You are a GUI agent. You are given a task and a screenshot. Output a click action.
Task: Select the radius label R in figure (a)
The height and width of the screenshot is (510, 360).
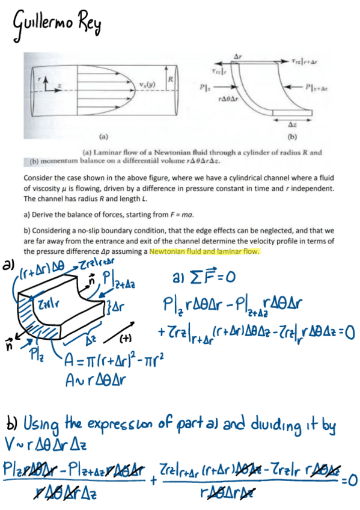pos(171,80)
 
